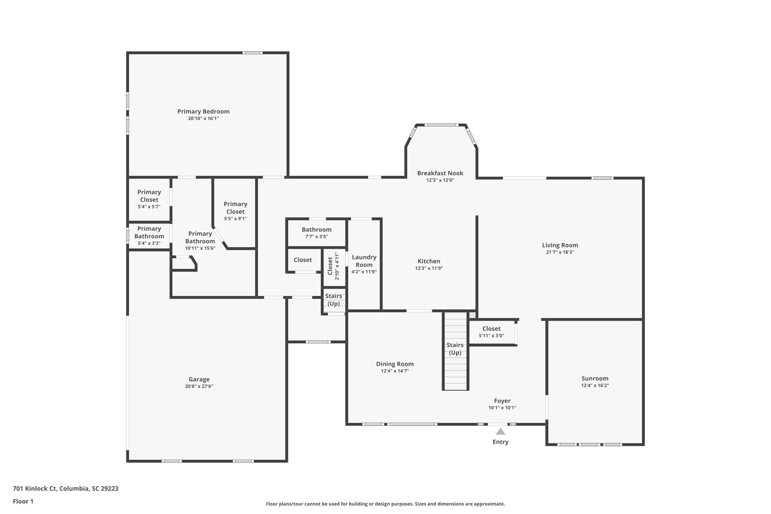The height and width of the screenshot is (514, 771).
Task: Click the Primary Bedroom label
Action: coord(203,111)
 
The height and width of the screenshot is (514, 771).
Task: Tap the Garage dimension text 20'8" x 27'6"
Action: coord(199,386)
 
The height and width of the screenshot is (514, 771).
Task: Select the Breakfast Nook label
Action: coord(440,173)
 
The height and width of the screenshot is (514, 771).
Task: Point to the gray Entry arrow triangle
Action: coord(500,432)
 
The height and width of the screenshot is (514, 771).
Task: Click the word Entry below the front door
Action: coord(500,442)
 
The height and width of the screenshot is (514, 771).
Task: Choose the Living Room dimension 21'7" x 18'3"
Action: coord(560,252)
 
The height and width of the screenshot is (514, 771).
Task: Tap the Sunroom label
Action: coord(595,378)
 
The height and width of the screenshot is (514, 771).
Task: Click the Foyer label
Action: coord(502,401)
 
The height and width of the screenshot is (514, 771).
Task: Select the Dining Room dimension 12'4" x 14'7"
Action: coord(395,371)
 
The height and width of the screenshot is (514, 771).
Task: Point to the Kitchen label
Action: coord(429,261)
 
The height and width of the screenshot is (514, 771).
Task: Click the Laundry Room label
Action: coord(364,261)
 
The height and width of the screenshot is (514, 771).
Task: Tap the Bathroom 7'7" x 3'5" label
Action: coord(316,230)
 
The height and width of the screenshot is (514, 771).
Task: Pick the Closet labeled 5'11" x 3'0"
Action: coord(491,329)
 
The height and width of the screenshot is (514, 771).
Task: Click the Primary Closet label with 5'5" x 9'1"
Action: coord(235,208)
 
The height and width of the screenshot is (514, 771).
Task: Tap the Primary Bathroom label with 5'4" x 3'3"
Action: coord(149,233)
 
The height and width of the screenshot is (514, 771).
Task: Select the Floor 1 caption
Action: coord(23,501)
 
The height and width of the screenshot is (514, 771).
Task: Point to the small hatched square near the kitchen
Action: coord(472,315)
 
